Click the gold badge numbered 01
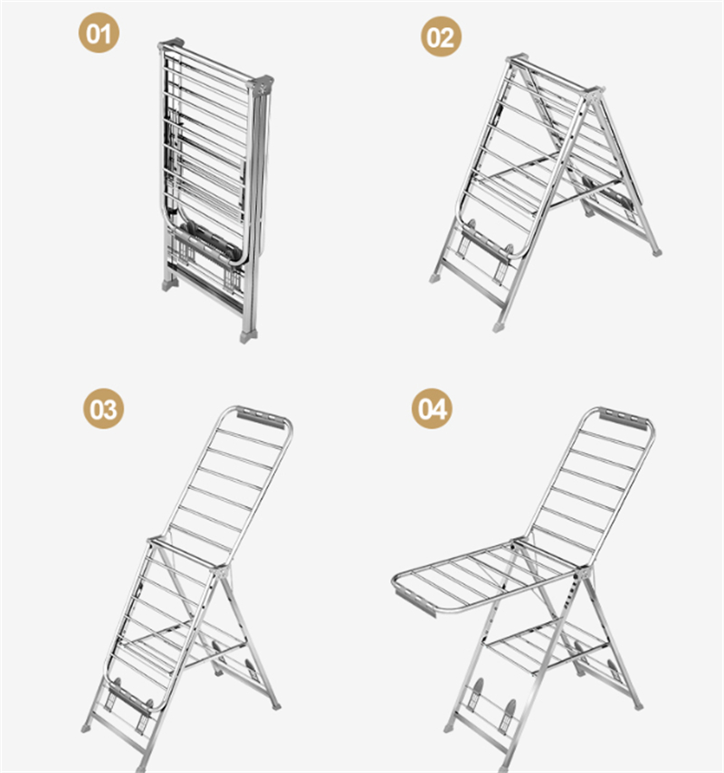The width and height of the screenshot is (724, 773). coord(99,33)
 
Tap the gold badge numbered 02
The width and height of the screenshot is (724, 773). coord(441,36)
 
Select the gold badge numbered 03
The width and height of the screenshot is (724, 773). coord(103,408)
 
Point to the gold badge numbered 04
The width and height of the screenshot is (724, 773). coord(433,408)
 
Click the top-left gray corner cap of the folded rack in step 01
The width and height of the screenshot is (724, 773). coord(171,43)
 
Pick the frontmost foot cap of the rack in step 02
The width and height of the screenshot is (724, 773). coord(499,326)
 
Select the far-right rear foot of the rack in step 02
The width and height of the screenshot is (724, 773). coord(656,252)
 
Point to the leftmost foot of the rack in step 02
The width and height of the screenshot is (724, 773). coord(434,278)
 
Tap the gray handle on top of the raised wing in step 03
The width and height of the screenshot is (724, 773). coord(262,418)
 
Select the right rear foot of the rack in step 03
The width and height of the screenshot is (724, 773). coord(276,705)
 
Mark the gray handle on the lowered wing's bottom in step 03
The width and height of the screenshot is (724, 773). coord(129,699)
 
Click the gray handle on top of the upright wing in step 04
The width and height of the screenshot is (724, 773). coord(624,419)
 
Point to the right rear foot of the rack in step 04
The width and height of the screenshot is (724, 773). coord(638,705)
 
